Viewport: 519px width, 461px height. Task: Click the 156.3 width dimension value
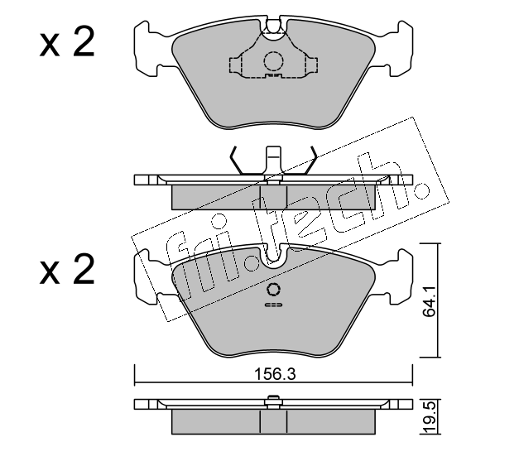[274, 374]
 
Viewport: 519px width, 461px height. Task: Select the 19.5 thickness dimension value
[430, 418]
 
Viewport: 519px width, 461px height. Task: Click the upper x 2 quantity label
[67, 42]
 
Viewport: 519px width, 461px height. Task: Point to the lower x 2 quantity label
[67, 269]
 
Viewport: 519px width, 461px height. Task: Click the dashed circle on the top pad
[273, 61]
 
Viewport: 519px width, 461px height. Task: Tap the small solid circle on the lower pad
[273, 289]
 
